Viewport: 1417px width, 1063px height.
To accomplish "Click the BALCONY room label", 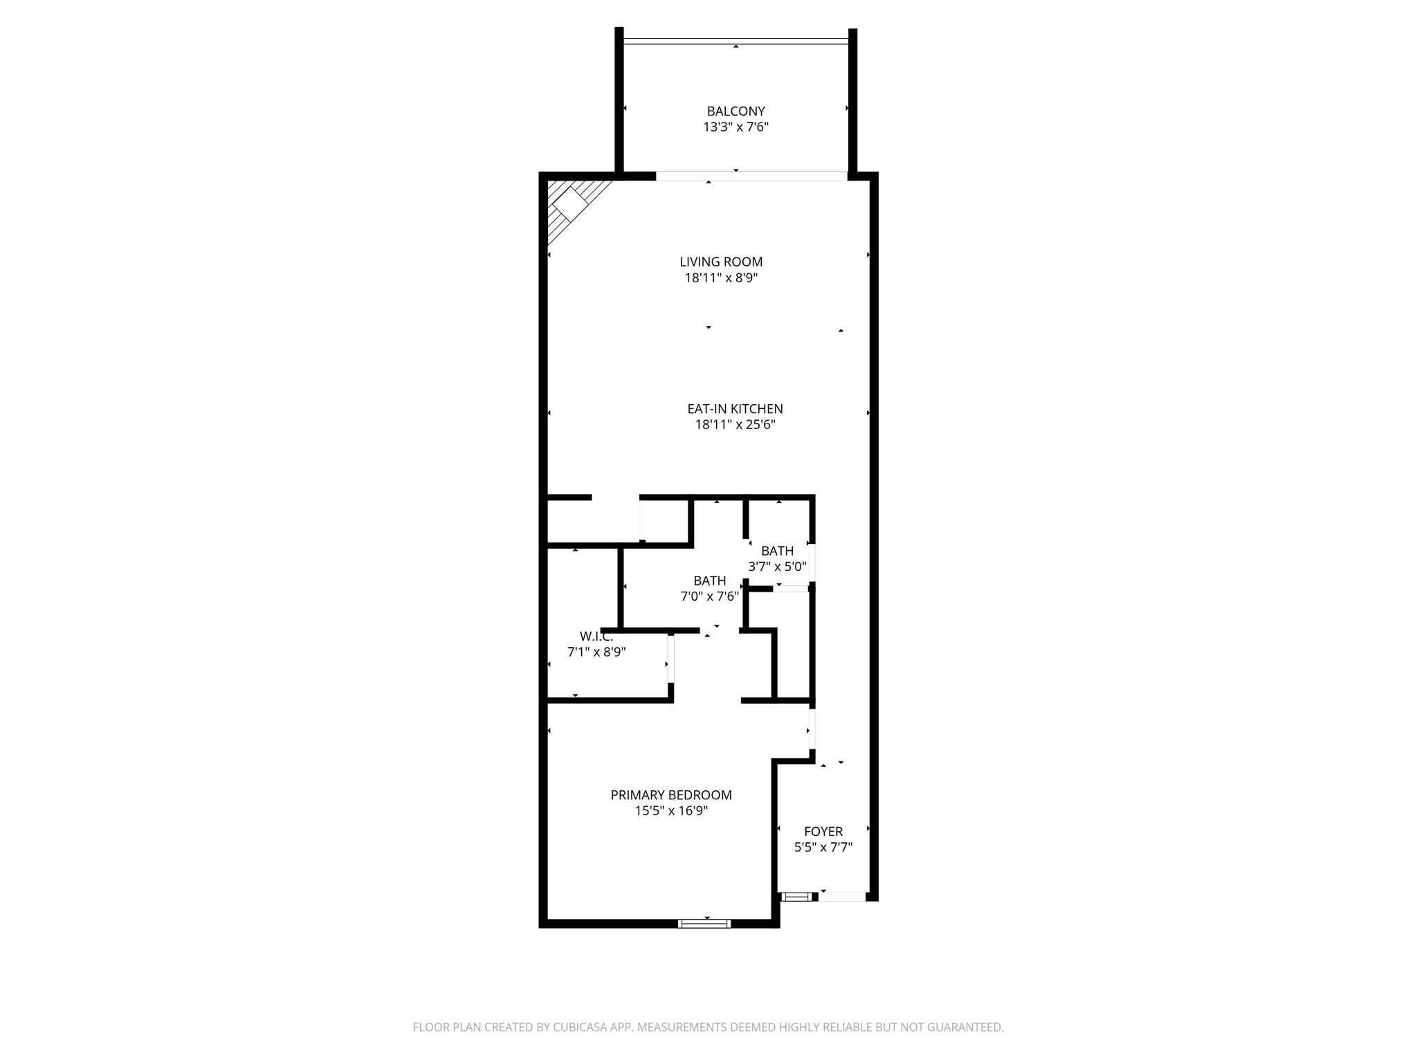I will click(x=735, y=111).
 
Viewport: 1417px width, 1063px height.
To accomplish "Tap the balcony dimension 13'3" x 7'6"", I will click(x=735, y=127).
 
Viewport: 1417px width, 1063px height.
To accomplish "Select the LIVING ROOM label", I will click(x=721, y=262).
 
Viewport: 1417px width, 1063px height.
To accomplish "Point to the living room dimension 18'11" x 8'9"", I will click(x=721, y=278).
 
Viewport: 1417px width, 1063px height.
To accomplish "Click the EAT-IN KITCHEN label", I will click(x=735, y=409).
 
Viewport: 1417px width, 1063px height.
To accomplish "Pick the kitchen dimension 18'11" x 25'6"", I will click(x=735, y=425).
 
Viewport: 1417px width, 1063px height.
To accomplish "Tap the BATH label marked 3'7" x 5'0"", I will click(x=777, y=551).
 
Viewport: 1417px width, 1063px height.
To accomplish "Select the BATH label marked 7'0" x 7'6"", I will click(x=710, y=581).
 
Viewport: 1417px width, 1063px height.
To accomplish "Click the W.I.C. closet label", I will click(x=596, y=637).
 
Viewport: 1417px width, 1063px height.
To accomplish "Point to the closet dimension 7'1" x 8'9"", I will click(x=596, y=652).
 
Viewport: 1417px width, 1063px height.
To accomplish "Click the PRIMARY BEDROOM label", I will click(x=671, y=795).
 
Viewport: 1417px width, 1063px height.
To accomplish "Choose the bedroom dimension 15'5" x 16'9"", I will click(x=671, y=811).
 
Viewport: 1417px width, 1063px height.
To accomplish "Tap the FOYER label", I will click(x=823, y=832).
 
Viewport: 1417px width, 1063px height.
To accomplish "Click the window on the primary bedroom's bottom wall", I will click(x=704, y=923).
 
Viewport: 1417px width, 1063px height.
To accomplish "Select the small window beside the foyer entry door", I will click(x=796, y=898).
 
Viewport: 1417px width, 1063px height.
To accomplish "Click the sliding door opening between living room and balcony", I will click(x=751, y=176).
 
